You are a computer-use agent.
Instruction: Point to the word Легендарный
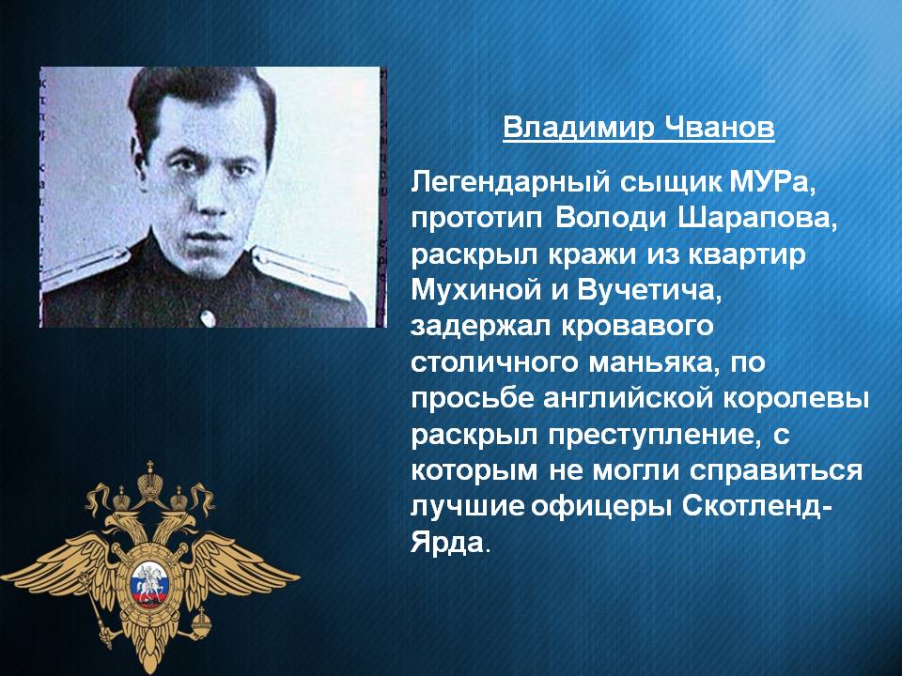pos(510,184)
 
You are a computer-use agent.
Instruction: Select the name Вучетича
pos(648,291)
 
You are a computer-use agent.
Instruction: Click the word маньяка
pos(654,363)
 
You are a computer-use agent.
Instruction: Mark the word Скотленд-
pos(757,506)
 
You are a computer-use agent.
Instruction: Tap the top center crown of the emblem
pos(150,482)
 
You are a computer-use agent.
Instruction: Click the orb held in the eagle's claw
pos(201,621)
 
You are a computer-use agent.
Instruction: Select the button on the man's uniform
pos(208,317)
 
